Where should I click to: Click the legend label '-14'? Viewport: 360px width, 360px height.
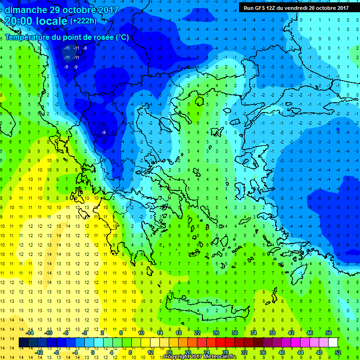click(30, 333)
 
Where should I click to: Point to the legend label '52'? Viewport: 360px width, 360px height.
click(338, 352)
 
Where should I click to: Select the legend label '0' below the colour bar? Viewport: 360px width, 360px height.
click(93, 352)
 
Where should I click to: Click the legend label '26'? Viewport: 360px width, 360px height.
click(216, 333)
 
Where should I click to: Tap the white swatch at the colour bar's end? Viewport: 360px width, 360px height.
click(333, 343)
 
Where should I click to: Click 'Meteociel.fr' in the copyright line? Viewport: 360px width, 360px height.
click(218, 357)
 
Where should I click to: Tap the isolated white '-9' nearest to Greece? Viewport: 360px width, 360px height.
click(104, 133)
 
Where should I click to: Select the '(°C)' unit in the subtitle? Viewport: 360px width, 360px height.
click(121, 37)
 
